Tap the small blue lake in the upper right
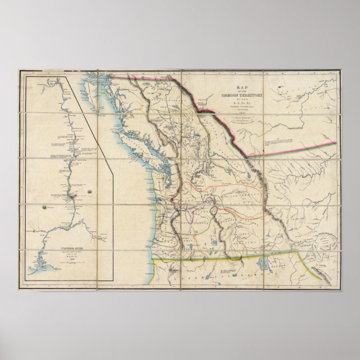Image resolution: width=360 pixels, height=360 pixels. tap(278, 87)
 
